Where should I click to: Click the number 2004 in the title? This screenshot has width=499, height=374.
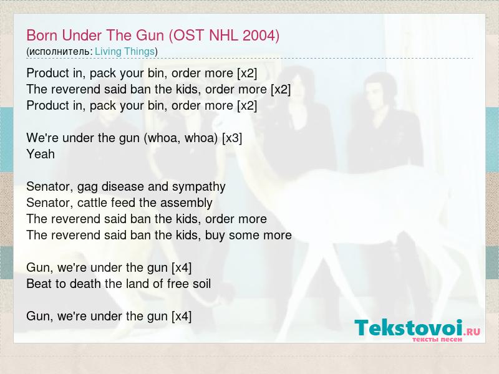tap(258, 36)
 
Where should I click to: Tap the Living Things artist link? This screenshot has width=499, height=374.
tap(125, 52)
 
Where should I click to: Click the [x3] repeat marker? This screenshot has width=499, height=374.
tap(232, 138)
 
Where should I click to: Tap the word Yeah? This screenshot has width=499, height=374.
tap(41, 154)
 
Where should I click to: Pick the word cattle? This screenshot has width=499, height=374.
tap(92, 203)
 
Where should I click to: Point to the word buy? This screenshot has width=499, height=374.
tap(215, 236)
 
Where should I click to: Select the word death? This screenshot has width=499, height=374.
tap(85, 284)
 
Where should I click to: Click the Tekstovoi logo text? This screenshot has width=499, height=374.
tap(409, 328)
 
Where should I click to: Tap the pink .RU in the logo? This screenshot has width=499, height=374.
tap(472, 332)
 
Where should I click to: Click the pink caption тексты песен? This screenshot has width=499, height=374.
tap(437, 339)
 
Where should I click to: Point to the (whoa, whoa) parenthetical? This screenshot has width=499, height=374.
tap(180, 138)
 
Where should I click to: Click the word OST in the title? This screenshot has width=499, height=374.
tap(188, 36)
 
